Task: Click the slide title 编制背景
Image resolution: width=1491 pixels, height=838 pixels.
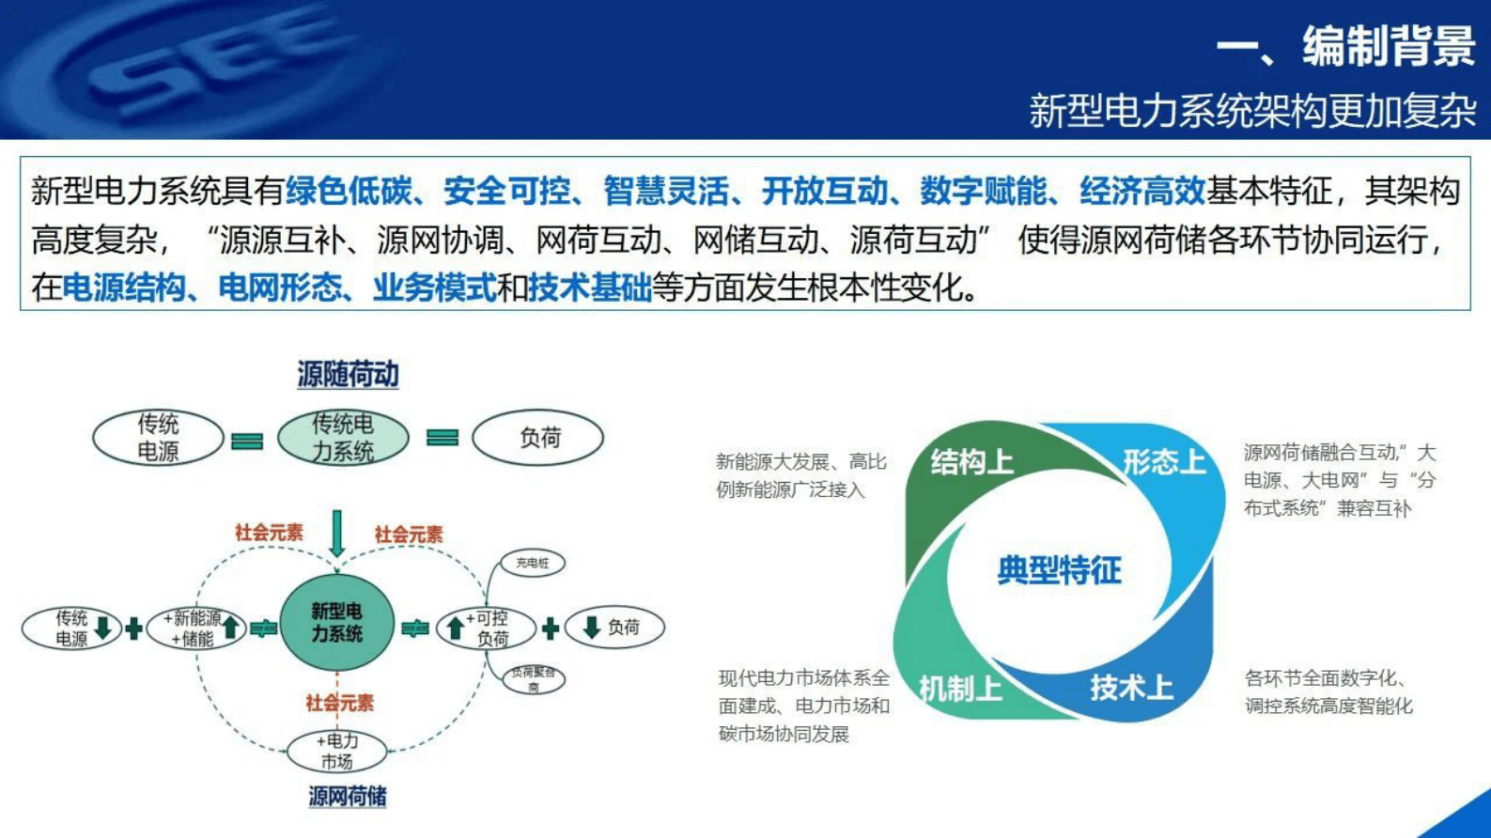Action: click(1388, 46)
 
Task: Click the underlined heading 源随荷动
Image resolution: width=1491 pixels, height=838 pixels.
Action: click(348, 375)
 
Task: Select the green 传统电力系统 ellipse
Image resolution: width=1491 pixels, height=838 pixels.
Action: click(343, 438)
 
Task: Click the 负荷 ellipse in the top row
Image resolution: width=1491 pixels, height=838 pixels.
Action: click(538, 438)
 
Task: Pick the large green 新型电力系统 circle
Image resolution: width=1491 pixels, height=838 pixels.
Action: click(336, 623)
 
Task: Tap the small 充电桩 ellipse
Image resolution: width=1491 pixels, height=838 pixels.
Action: click(532, 564)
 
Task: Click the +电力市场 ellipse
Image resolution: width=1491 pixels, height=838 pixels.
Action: click(336, 752)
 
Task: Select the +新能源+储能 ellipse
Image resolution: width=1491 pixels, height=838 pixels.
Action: click(196, 628)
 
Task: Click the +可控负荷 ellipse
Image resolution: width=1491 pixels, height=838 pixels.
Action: click(487, 628)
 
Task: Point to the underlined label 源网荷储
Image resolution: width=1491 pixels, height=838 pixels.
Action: click(348, 797)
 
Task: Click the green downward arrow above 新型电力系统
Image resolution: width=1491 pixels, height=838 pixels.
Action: click(337, 534)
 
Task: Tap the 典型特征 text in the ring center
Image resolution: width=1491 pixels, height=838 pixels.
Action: click(1059, 570)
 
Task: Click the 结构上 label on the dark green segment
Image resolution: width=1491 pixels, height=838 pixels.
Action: click(971, 462)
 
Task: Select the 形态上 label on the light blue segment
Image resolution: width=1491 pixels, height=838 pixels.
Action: click(1163, 462)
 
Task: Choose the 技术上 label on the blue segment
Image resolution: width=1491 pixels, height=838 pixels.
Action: click(1131, 689)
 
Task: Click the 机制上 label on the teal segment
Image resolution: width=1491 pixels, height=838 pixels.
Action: click(960, 690)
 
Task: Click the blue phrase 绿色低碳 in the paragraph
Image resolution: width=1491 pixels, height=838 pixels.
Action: click(349, 192)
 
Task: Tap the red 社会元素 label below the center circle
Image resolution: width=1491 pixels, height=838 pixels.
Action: click(339, 703)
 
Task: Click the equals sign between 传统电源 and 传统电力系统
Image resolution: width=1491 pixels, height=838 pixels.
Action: click(247, 441)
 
